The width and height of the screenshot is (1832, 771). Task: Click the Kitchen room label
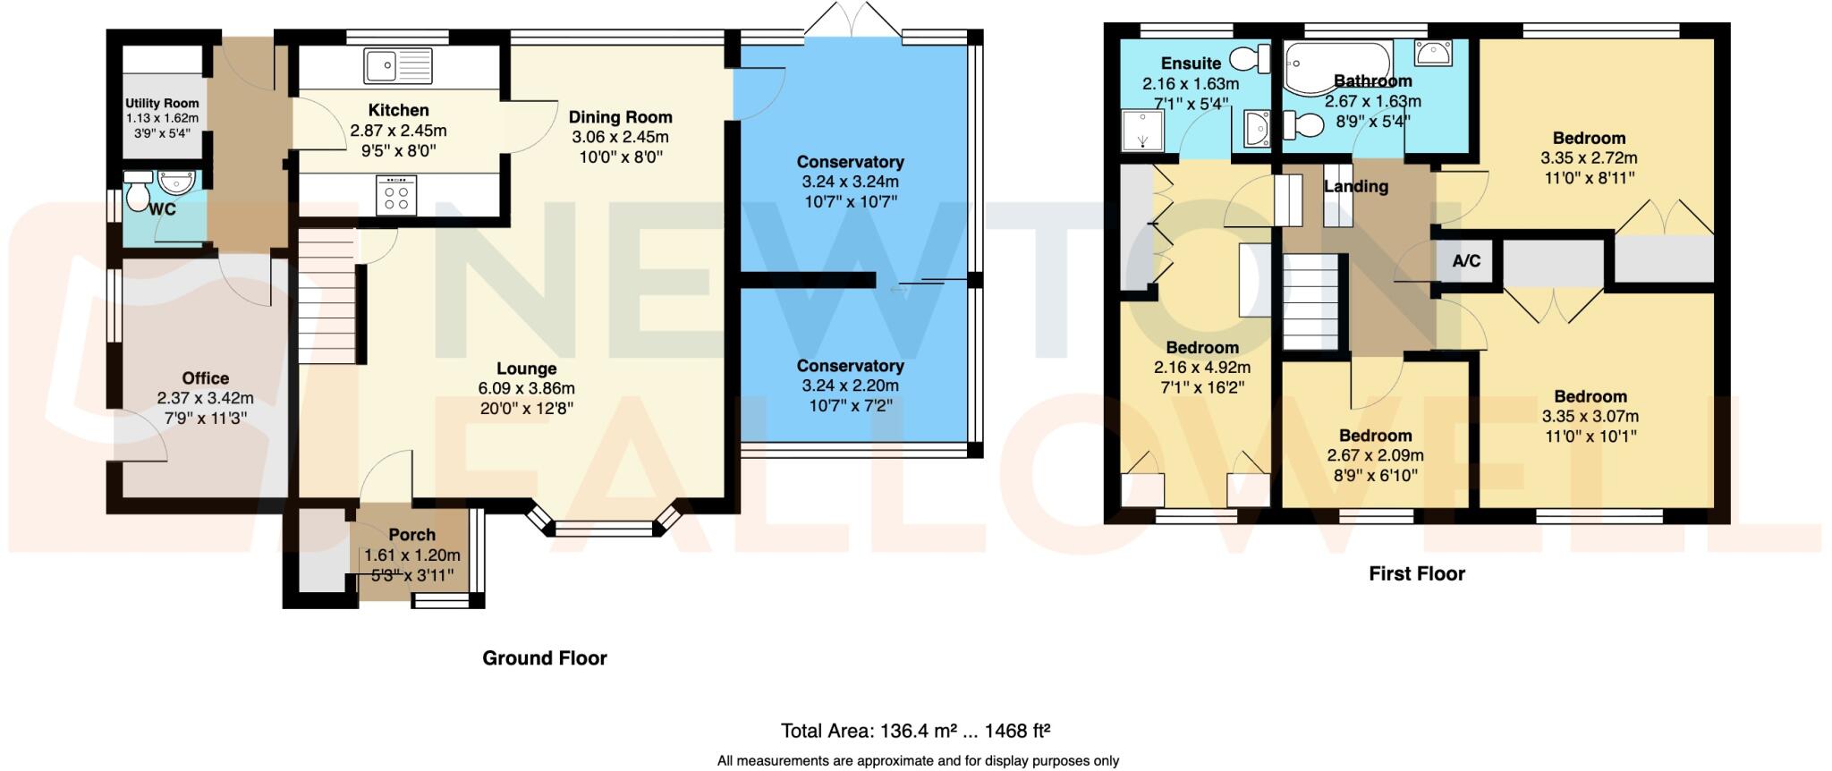(398, 110)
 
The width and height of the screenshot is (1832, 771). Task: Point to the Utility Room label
(162, 104)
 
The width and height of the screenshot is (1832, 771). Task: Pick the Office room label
(205, 378)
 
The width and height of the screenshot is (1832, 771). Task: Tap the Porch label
(412, 535)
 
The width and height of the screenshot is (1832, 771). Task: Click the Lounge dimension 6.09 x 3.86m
(526, 388)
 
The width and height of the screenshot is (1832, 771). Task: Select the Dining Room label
(620, 117)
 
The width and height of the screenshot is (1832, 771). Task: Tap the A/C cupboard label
(1466, 261)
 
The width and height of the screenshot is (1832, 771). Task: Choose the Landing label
(1356, 186)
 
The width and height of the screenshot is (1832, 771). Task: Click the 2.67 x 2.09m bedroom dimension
(1375, 455)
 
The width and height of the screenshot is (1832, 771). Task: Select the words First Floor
(1416, 574)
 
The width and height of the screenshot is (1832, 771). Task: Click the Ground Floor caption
(544, 658)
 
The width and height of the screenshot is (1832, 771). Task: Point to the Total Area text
(915, 731)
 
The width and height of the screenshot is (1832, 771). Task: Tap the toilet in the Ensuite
(1251, 60)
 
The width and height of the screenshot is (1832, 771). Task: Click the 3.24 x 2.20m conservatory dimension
(850, 385)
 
